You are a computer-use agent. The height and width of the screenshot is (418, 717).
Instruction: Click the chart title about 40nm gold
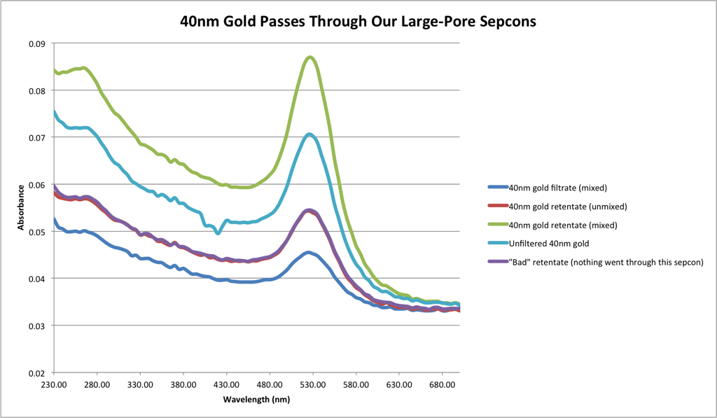pos(358,21)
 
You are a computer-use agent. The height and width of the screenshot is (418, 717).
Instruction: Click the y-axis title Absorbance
pos(21,209)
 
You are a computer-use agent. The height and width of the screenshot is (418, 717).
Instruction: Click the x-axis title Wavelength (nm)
pos(257,399)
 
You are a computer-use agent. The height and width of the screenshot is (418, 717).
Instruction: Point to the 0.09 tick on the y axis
pos(36,43)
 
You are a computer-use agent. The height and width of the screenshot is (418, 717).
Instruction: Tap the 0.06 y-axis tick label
pos(36,185)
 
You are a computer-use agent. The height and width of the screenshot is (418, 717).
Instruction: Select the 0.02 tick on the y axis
pos(36,373)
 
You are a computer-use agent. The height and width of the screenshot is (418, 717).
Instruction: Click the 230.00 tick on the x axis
pos(54,384)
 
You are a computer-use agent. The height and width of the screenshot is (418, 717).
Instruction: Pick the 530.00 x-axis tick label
pos(312,384)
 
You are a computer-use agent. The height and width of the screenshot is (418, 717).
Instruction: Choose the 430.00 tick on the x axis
pos(226,384)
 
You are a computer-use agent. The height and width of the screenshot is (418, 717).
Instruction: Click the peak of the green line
pos(310,57)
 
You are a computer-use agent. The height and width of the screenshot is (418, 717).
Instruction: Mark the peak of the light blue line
pos(309,134)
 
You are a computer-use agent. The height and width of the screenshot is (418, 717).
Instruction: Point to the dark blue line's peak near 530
pos(309,252)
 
